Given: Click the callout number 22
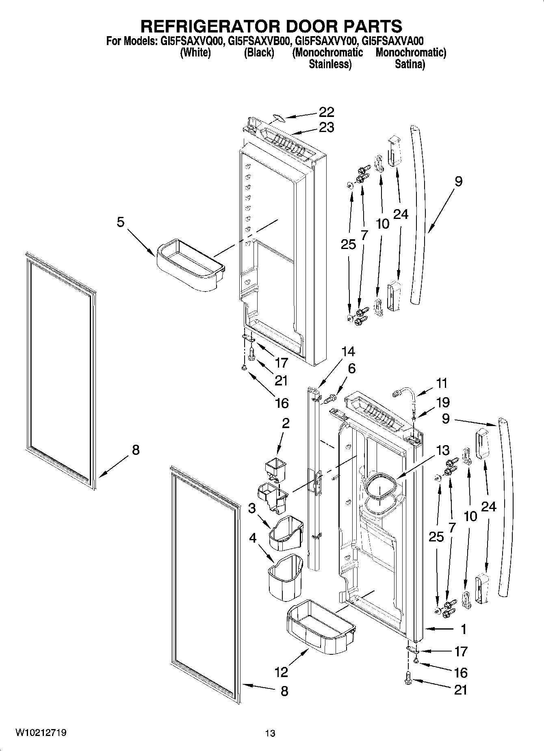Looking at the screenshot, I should [x=326, y=112].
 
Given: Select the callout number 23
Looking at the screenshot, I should [x=326, y=128].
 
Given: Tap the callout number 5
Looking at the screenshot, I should [x=121, y=222].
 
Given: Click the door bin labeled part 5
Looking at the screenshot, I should [x=190, y=266].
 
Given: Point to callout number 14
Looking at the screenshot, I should [x=348, y=351].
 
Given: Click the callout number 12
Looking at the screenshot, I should [x=281, y=672].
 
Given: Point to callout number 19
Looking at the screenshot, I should [x=443, y=403].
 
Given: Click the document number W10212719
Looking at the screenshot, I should [x=41, y=733].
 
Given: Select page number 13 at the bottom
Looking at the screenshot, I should [x=270, y=734].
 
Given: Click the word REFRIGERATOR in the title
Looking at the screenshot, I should [x=209, y=26].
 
